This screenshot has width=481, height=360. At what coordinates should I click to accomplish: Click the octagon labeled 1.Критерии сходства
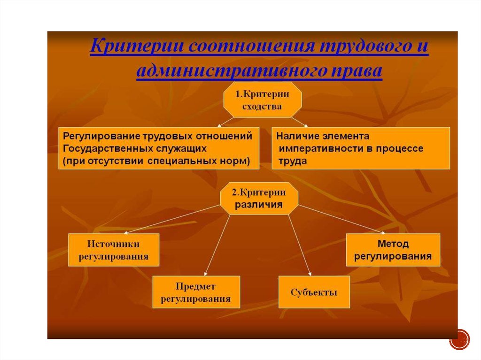click(x=262, y=100)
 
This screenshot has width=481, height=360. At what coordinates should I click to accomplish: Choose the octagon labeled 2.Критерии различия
click(x=259, y=198)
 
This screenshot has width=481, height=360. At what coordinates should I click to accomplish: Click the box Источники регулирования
click(x=114, y=250)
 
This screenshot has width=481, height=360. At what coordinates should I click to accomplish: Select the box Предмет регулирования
click(x=196, y=292)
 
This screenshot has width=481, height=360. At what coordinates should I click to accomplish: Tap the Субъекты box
click(x=314, y=292)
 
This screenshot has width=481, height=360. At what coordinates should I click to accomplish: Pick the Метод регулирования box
click(x=393, y=250)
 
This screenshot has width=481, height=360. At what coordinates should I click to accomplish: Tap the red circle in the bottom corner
click(x=459, y=339)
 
